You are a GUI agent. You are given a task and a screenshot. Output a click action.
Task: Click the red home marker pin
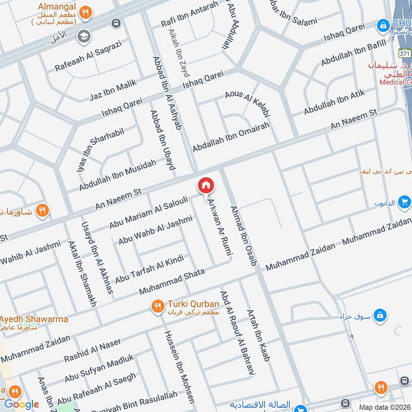205,185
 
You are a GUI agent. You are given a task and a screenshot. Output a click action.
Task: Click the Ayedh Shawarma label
35,319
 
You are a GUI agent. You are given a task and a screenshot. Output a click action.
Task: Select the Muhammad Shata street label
172,281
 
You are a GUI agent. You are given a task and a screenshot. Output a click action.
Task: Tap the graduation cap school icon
82,36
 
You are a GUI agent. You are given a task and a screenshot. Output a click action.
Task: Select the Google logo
21,404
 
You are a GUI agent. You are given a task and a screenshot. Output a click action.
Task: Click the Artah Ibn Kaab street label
259,335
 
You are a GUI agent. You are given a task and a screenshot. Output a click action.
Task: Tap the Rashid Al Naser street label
92,350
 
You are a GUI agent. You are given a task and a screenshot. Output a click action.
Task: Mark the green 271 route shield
405,53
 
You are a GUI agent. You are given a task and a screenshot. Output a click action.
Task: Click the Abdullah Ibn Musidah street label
117,176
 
